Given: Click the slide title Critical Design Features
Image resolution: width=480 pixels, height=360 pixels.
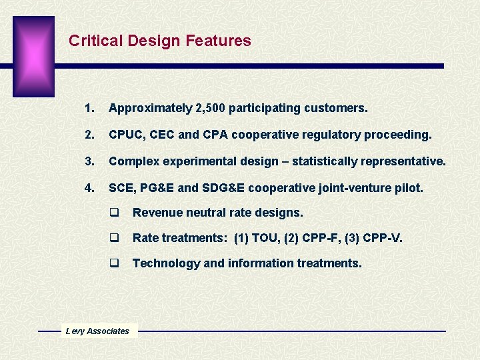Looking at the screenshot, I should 160,41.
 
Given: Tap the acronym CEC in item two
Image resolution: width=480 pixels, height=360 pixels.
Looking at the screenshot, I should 163,135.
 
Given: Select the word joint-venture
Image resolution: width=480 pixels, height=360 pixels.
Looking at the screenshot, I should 357,188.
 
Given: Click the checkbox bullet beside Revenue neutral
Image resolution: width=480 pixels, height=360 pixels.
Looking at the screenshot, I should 114,213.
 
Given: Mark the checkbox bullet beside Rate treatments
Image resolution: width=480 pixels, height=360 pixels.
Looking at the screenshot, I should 114,238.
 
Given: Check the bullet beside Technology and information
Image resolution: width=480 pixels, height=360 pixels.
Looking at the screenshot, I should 114,263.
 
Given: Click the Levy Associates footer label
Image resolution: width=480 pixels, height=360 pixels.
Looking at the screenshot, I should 97,331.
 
